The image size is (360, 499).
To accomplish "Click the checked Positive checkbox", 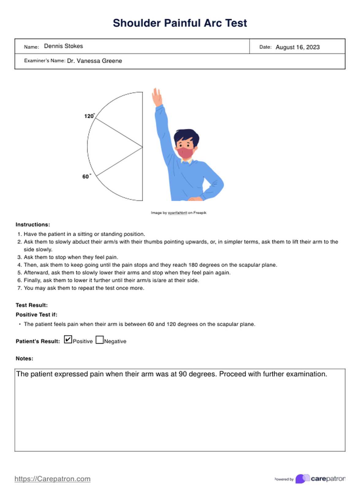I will [68, 340].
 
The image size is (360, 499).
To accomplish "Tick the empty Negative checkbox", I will [99, 340].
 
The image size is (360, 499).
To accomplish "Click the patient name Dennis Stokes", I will [63, 46].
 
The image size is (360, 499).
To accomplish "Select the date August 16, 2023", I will [298, 47].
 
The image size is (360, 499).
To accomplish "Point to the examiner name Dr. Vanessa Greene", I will [94, 61].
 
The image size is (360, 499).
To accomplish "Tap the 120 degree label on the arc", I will [89, 116].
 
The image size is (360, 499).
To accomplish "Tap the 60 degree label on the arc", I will [86, 177].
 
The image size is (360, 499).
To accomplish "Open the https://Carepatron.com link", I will [52, 479].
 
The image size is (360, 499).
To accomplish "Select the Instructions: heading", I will [33, 225].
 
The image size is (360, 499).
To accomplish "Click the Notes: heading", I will [24, 358].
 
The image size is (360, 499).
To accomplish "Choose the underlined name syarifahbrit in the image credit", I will [177, 213].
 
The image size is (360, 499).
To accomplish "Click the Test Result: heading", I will [32, 305].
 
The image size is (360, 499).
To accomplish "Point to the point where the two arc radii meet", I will [142, 147].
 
